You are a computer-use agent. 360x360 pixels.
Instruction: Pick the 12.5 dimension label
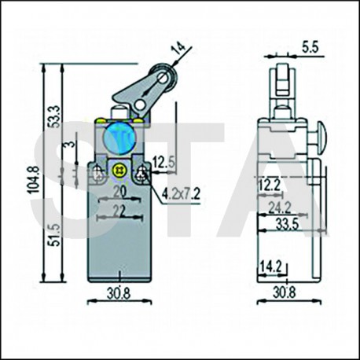[x=163, y=162]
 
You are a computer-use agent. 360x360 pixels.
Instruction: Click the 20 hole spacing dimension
[x=119, y=193]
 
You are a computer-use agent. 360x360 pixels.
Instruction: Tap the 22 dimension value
[x=119, y=211]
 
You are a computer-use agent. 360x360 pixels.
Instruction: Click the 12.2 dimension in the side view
[x=270, y=184]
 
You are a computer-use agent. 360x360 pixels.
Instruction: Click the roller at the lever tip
[x=162, y=77]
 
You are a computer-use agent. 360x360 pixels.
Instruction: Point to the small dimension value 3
[x=72, y=144]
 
